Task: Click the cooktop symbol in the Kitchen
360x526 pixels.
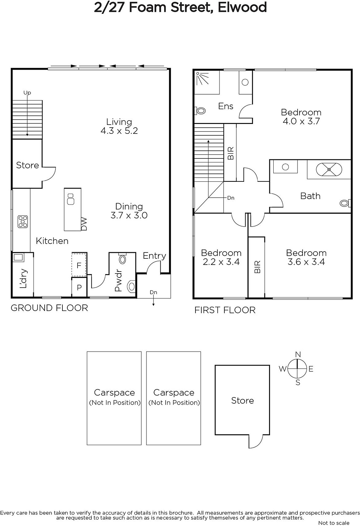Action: point(23,222)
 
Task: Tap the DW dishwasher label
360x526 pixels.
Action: point(84,224)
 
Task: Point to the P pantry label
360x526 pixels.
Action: point(79,287)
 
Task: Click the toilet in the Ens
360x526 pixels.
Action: point(200,110)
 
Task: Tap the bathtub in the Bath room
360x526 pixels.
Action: point(329,169)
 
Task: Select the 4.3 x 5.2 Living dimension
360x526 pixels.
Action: point(119,131)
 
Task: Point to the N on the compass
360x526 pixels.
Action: point(298,354)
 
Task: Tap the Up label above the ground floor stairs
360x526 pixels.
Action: point(27,93)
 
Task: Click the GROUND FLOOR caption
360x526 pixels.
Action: point(49,308)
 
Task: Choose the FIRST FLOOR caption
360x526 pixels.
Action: point(225,310)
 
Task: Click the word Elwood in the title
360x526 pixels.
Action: point(242,7)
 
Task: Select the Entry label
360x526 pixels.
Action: point(154,256)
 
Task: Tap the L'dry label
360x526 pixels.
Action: point(23,278)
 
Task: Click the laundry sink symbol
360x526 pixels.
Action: point(18,257)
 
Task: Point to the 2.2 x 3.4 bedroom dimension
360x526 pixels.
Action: point(221,262)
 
